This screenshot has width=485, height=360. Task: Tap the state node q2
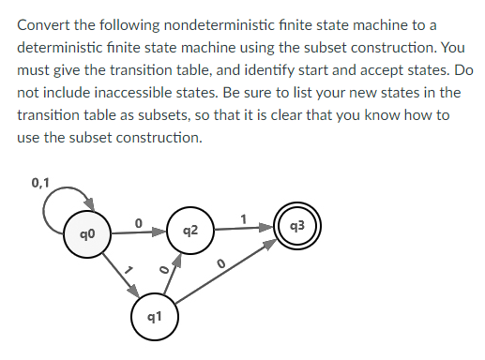click(190, 231)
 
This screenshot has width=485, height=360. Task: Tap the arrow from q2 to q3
click(244, 230)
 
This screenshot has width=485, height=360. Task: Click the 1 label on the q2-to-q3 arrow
click(243, 217)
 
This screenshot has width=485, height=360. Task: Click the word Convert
click(43, 21)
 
